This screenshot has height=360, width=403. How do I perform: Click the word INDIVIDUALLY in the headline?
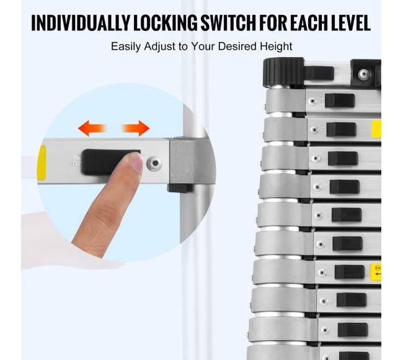point(81,23)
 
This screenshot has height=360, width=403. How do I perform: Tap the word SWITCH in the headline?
point(228,23)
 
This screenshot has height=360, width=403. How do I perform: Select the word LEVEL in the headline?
point(350,23)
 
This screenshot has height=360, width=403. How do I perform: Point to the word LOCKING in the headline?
point(165,23)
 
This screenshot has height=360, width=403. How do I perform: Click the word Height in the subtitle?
point(276,46)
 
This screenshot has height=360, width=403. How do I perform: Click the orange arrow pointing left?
point(92,128)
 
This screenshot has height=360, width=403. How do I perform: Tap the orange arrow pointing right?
point(135,128)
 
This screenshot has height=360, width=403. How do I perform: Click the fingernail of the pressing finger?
point(135,161)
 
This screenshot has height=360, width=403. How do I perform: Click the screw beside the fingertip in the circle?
point(154,163)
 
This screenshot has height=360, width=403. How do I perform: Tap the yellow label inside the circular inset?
point(42,162)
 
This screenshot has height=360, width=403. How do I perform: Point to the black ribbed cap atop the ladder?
point(283,72)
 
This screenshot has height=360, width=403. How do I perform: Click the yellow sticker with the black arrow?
point(377,272)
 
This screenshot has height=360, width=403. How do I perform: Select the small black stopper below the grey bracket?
point(180,188)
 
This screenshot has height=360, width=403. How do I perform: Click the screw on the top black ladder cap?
point(364,74)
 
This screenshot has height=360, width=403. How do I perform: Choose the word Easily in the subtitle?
point(126,46)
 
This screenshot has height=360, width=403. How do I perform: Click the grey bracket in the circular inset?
point(191,161)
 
